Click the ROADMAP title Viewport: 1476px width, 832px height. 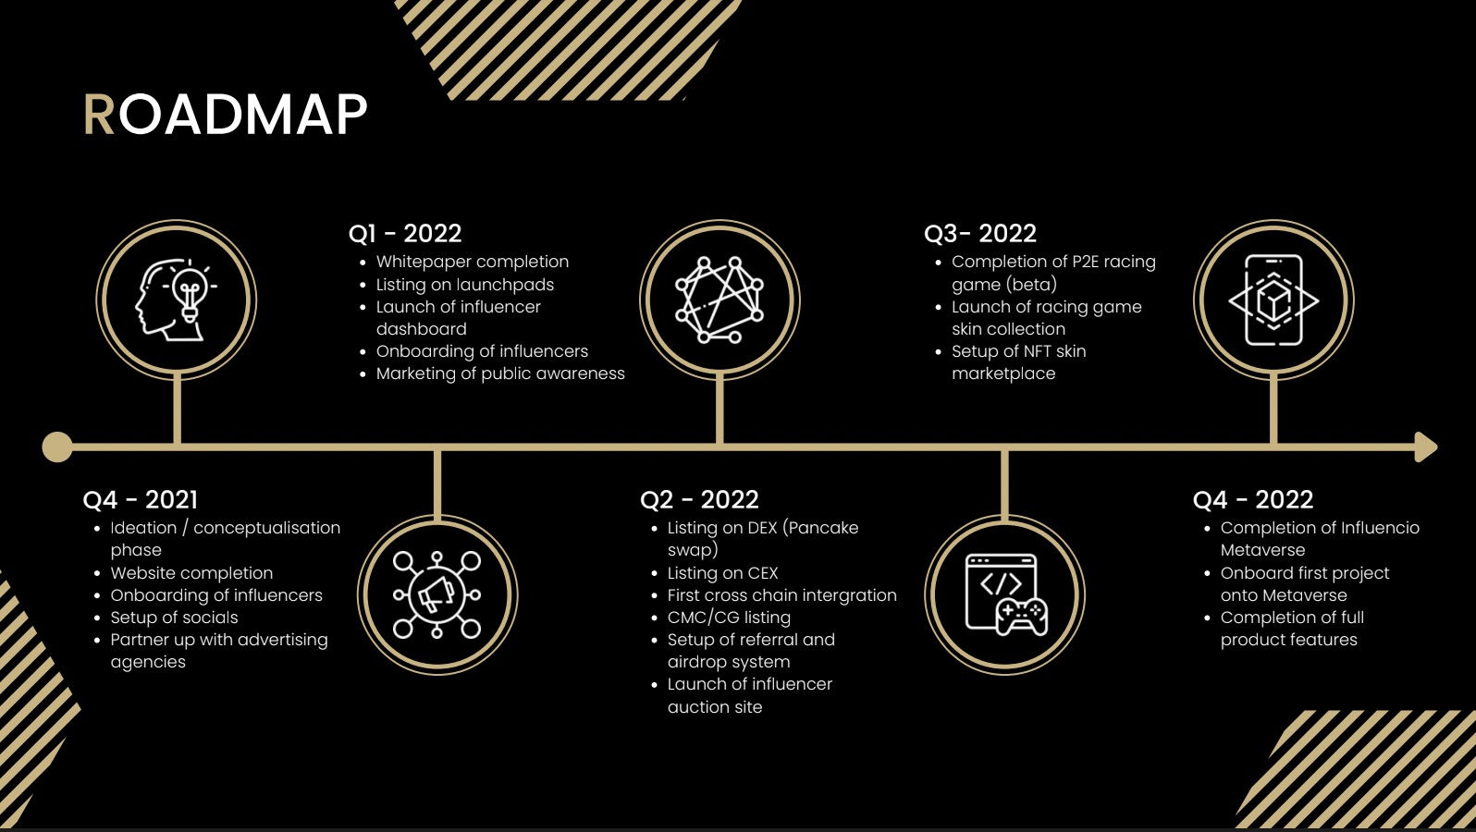coord(225,115)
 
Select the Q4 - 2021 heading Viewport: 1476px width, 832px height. coord(141,499)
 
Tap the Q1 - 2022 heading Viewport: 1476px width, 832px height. coord(404,233)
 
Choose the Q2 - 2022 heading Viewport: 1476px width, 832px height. coord(699,499)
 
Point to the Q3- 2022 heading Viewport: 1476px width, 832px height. coord(979,233)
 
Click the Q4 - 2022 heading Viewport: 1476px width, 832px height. coord(1252,499)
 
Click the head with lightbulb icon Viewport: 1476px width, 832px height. coord(176,300)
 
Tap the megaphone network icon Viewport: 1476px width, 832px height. coord(437,594)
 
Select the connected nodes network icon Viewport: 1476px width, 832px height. coord(720,300)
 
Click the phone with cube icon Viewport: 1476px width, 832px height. coord(1273,300)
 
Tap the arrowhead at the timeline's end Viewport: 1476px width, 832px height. coord(1427,447)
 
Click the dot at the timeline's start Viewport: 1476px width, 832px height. coord(57,447)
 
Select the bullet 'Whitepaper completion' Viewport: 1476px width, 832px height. coord(473,262)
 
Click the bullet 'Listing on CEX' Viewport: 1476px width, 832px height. coord(723,573)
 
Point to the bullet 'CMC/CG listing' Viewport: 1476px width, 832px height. coord(729,618)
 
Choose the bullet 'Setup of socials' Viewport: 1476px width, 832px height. coord(174,618)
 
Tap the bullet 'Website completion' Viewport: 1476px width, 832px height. coord(191,573)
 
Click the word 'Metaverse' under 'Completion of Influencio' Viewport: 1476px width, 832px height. coord(1262,550)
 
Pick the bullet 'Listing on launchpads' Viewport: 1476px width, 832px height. coord(465,285)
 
